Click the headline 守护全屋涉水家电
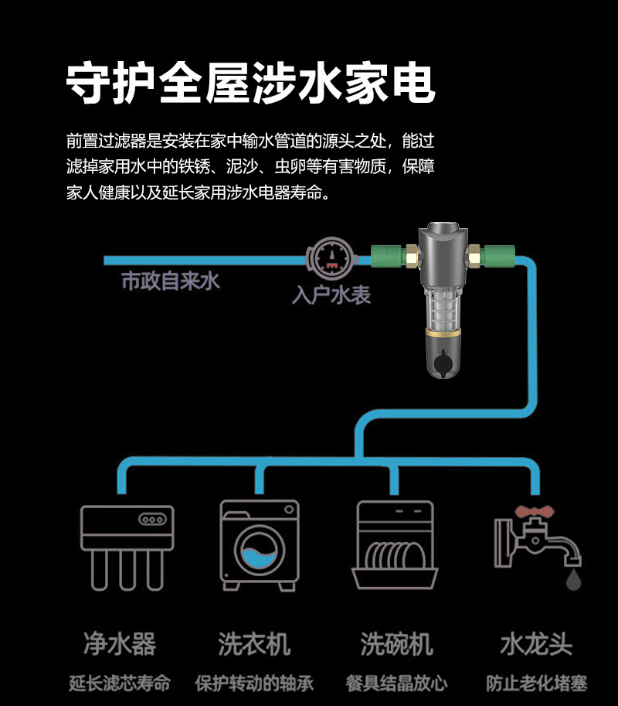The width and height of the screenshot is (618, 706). (251, 83)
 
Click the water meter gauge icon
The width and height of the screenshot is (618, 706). (330, 258)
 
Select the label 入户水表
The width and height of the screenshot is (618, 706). (331, 295)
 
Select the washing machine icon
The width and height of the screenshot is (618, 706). (259, 544)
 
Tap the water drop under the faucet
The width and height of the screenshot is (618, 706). (572, 578)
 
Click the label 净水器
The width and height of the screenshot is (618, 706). (120, 643)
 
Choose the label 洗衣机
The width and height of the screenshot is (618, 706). (254, 643)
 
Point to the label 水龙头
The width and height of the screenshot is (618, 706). (536, 643)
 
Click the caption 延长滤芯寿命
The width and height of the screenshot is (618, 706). (120, 684)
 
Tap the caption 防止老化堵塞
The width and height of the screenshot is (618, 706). (536, 684)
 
